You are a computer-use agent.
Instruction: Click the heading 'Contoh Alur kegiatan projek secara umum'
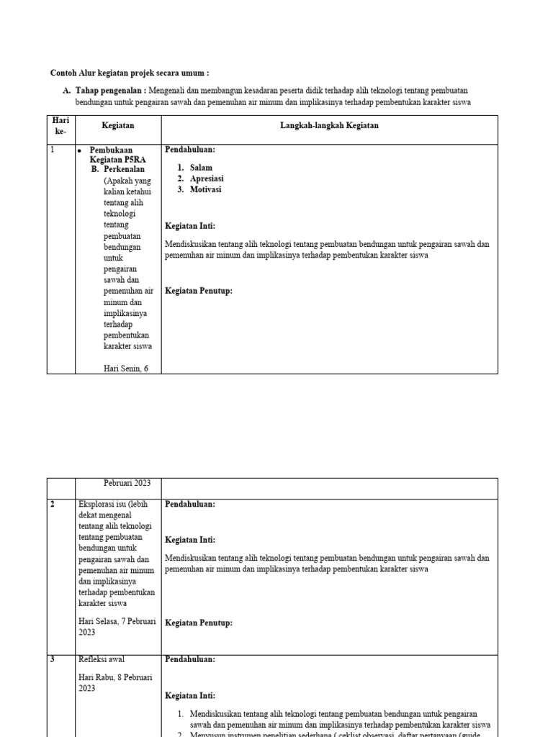[130, 73]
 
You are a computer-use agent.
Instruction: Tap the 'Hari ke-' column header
[60, 126]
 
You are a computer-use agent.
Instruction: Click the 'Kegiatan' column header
[118, 126]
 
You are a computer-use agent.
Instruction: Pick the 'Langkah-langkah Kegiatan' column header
[329, 126]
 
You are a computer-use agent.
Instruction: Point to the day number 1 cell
[53, 150]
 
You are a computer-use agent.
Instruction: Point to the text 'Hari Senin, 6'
[129, 369]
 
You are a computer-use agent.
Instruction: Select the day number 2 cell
[53, 505]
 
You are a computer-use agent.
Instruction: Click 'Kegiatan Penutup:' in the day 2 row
[199, 623]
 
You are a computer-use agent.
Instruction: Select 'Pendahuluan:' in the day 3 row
[190, 659]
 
